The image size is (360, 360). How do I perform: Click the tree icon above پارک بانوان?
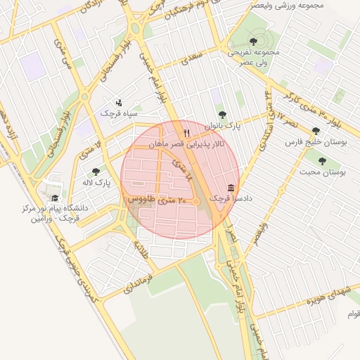(222, 114)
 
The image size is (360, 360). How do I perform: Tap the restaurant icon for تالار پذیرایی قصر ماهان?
(186, 131)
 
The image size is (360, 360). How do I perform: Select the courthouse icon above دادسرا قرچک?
(231, 188)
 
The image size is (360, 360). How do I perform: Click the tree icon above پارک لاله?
(96, 171)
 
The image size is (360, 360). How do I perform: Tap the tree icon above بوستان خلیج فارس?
(316, 130)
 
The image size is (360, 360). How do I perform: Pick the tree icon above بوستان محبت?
(321, 161)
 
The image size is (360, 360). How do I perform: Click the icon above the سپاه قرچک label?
(118, 102)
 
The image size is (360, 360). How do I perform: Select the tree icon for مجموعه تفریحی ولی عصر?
(253, 41)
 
